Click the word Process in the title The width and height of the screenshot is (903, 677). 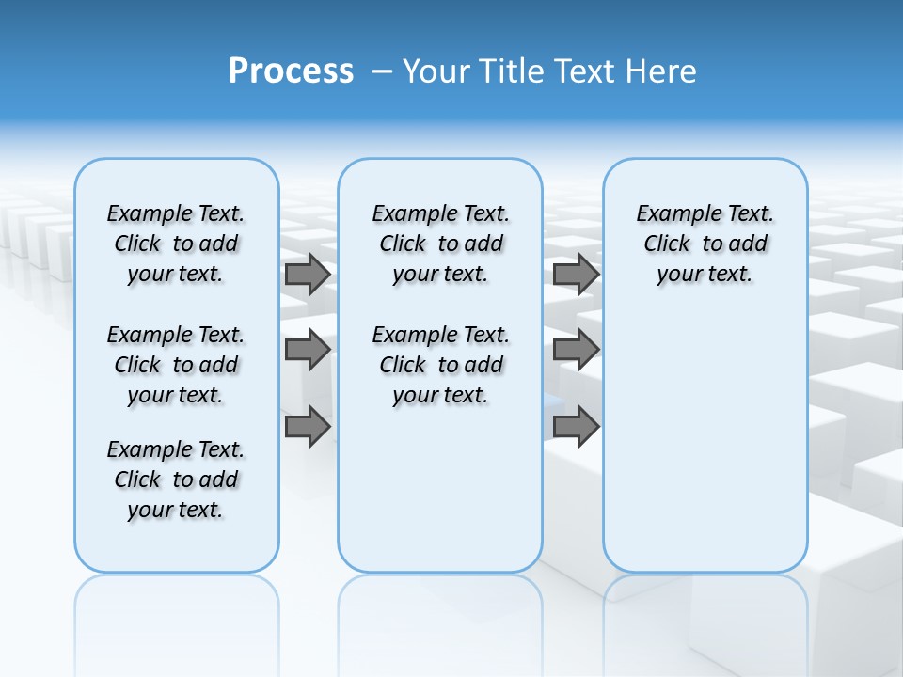291,71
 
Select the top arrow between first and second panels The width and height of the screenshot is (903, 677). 308,275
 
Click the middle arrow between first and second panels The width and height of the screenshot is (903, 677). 308,351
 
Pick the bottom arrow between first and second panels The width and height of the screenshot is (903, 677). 308,427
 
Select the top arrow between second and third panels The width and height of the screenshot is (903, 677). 577,275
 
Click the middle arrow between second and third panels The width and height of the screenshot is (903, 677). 577,351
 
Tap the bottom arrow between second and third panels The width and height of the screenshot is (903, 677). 577,427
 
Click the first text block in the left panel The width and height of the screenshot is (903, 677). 176,244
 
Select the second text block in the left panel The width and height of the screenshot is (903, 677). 176,365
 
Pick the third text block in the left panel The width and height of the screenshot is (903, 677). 176,480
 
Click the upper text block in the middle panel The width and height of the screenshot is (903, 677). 440,244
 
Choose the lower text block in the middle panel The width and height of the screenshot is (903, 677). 440,365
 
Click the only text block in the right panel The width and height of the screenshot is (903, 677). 705,244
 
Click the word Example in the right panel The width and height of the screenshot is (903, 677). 671,214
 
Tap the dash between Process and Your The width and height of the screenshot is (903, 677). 383,71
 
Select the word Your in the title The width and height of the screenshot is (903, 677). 438,71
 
